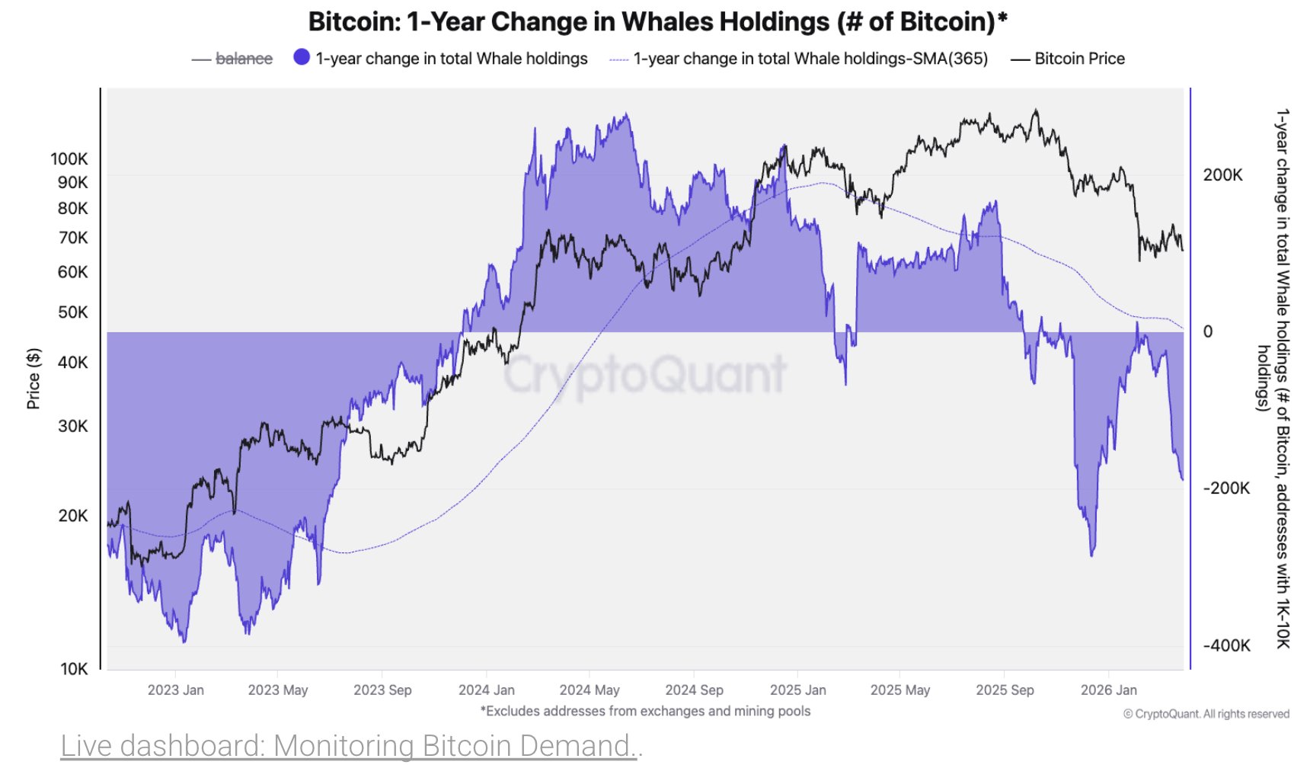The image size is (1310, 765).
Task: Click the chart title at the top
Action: tap(657, 21)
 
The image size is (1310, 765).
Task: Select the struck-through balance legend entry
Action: tap(243, 59)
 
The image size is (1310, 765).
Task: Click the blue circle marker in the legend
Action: tap(302, 57)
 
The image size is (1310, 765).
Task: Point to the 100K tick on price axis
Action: tap(69, 158)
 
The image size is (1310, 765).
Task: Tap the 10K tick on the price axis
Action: tap(74, 669)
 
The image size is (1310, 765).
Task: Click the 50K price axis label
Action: tap(73, 312)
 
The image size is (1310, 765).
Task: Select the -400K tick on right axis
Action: tap(1226, 645)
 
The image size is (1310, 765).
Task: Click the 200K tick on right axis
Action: tap(1222, 175)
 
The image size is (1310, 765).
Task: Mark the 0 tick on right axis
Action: tap(1207, 331)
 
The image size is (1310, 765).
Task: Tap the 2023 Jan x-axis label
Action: tap(175, 690)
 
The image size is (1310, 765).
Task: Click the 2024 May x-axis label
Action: tap(589, 690)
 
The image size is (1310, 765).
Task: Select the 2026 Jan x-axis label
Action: tap(1108, 690)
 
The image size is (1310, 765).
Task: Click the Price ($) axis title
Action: tap(33, 379)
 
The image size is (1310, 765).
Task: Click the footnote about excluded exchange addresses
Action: tap(645, 711)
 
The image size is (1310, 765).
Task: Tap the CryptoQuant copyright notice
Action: tap(1206, 714)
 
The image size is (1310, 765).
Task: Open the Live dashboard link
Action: tap(351, 745)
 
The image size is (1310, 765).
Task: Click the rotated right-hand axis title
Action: tap(1274, 379)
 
